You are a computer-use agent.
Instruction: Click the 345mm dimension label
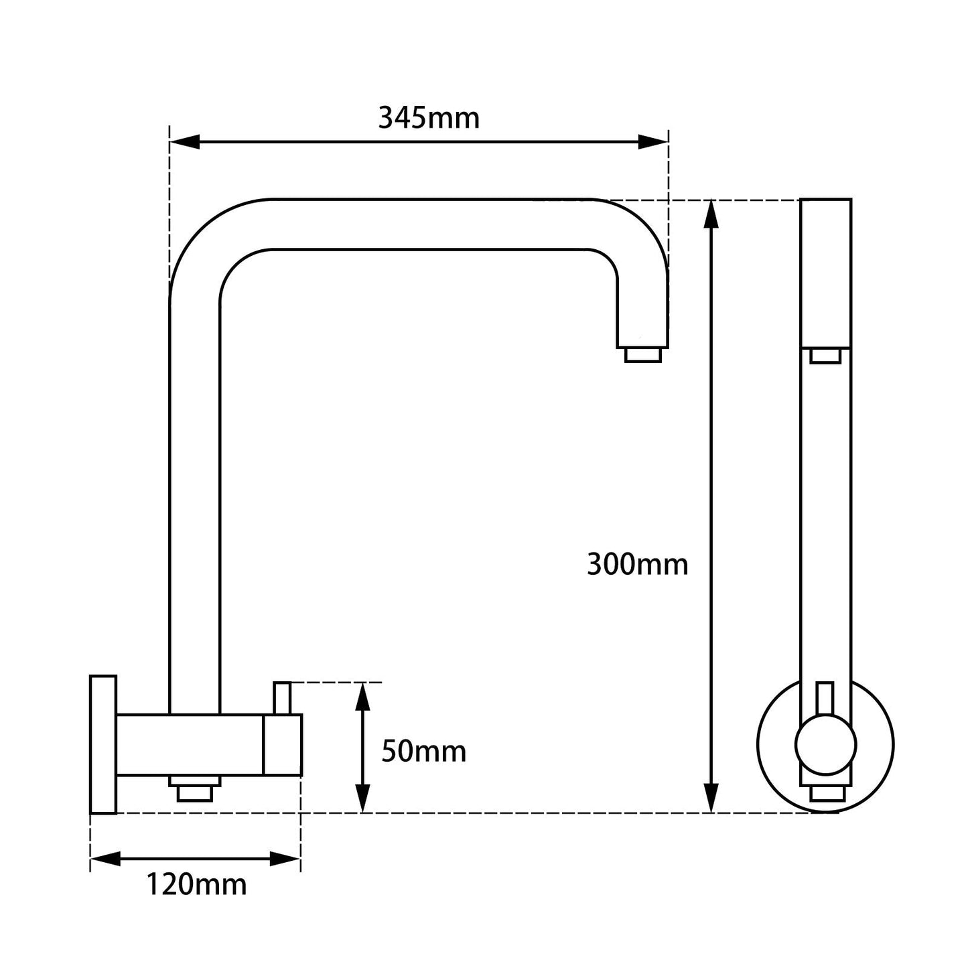click(x=429, y=118)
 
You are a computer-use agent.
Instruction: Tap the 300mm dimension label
click(x=637, y=564)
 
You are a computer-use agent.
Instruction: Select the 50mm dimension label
click(x=423, y=751)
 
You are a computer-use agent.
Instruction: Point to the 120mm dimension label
click(x=196, y=884)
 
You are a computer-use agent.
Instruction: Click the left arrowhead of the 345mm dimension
click(x=185, y=142)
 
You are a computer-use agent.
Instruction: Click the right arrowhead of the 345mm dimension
click(x=653, y=142)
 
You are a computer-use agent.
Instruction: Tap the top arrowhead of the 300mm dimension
click(x=711, y=214)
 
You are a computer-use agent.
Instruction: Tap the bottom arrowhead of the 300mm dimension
click(x=711, y=799)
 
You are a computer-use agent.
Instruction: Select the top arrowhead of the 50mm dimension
click(x=362, y=697)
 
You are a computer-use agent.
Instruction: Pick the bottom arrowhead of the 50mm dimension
click(x=362, y=799)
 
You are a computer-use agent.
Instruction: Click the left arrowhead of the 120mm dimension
click(x=105, y=858)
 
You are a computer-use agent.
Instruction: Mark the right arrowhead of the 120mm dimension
click(x=285, y=858)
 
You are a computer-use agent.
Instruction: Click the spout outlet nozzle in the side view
click(x=642, y=355)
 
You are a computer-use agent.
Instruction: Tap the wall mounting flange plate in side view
click(x=103, y=744)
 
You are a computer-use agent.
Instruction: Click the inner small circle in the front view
click(x=825, y=744)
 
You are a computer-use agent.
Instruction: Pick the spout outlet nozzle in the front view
click(x=825, y=355)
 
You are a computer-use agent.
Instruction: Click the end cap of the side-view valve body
click(x=283, y=744)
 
